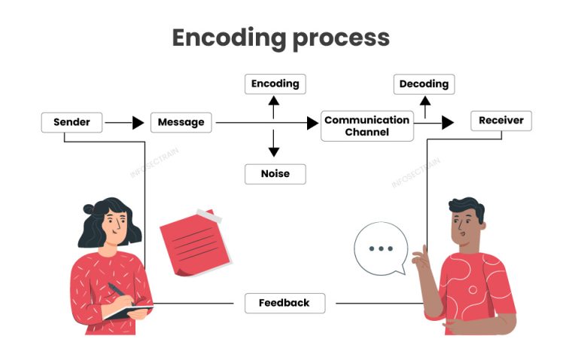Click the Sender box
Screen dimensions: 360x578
(x=71, y=122)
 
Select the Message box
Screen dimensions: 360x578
(x=181, y=122)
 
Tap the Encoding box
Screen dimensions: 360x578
(x=275, y=84)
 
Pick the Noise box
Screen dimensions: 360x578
(x=275, y=174)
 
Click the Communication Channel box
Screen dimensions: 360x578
(x=367, y=126)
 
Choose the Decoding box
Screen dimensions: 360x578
(x=424, y=84)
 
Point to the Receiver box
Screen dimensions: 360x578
(x=501, y=121)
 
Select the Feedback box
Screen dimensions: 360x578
(x=284, y=303)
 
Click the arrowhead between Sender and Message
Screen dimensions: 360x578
(x=138, y=123)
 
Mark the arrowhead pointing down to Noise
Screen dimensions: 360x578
(x=275, y=151)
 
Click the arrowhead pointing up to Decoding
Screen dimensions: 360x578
(x=424, y=102)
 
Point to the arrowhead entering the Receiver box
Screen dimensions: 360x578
(x=449, y=123)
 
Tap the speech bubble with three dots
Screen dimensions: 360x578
(x=381, y=249)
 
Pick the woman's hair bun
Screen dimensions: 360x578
(x=89, y=208)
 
